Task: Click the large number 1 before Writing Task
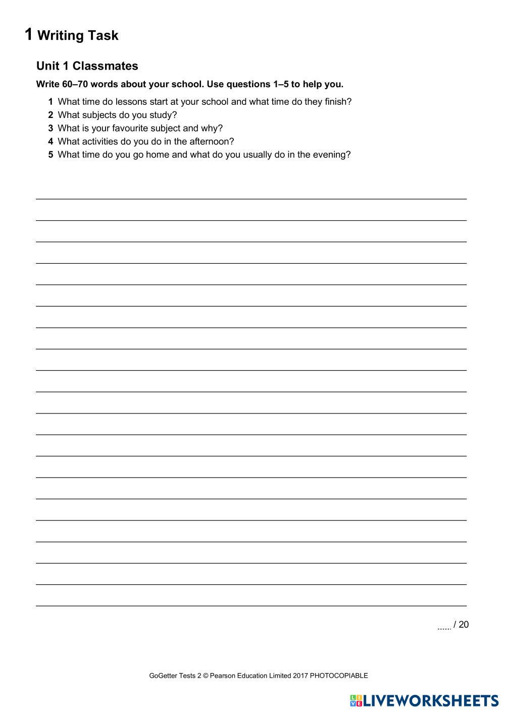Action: point(29,34)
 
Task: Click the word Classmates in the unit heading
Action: point(105,66)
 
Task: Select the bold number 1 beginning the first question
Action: point(50,102)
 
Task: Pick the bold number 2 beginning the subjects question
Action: point(50,115)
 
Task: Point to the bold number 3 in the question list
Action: point(50,128)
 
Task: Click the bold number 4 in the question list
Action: point(50,142)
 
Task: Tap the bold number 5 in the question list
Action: point(50,155)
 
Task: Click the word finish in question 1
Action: point(338,102)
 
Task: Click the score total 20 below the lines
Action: point(464,625)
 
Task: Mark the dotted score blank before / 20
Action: point(444,627)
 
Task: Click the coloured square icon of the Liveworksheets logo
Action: point(356,700)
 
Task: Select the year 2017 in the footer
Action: point(300,676)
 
